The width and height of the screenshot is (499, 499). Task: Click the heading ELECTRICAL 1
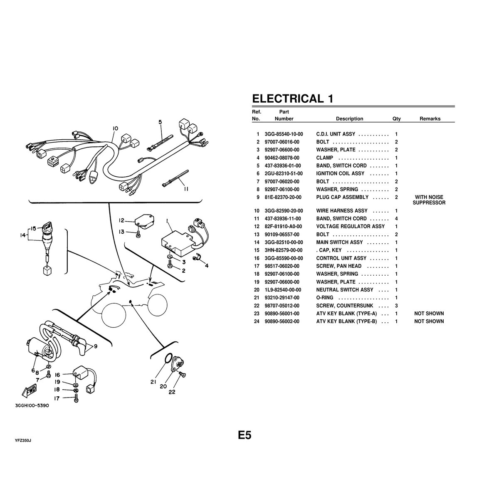(292, 99)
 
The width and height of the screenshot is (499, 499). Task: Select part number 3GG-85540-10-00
(284, 134)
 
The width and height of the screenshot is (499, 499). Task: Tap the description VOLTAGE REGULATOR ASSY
(350, 227)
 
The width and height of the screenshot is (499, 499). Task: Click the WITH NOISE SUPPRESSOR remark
(429, 200)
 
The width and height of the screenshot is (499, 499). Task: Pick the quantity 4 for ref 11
(396, 219)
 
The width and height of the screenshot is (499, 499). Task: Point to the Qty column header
(396, 119)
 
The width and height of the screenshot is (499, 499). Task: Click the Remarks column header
(430, 119)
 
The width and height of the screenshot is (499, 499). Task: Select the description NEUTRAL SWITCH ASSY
(344, 290)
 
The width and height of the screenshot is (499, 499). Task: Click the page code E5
(245, 435)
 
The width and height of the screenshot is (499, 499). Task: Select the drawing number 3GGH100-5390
(32, 406)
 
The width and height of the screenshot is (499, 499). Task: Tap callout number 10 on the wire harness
(116, 128)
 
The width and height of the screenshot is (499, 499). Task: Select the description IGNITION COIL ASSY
(340, 173)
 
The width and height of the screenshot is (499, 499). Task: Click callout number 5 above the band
(160, 122)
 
